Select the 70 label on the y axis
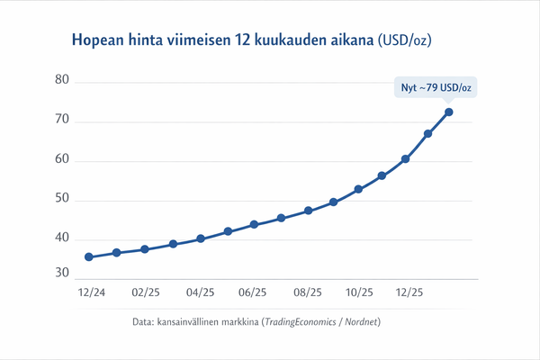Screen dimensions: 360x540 click(62, 121)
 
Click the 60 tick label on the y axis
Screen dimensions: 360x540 click(62, 160)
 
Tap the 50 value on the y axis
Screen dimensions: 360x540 click(62, 199)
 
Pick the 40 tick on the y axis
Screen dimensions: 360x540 click(62, 238)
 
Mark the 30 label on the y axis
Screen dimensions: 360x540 click(62, 274)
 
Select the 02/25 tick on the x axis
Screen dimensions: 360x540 click(145, 292)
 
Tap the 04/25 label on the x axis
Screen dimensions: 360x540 click(200, 292)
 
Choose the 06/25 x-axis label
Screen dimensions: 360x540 click(253, 292)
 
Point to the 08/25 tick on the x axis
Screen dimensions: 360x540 click(307, 292)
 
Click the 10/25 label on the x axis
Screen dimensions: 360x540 click(359, 292)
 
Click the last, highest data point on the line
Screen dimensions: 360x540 click(449, 112)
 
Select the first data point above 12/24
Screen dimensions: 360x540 click(89, 256)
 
